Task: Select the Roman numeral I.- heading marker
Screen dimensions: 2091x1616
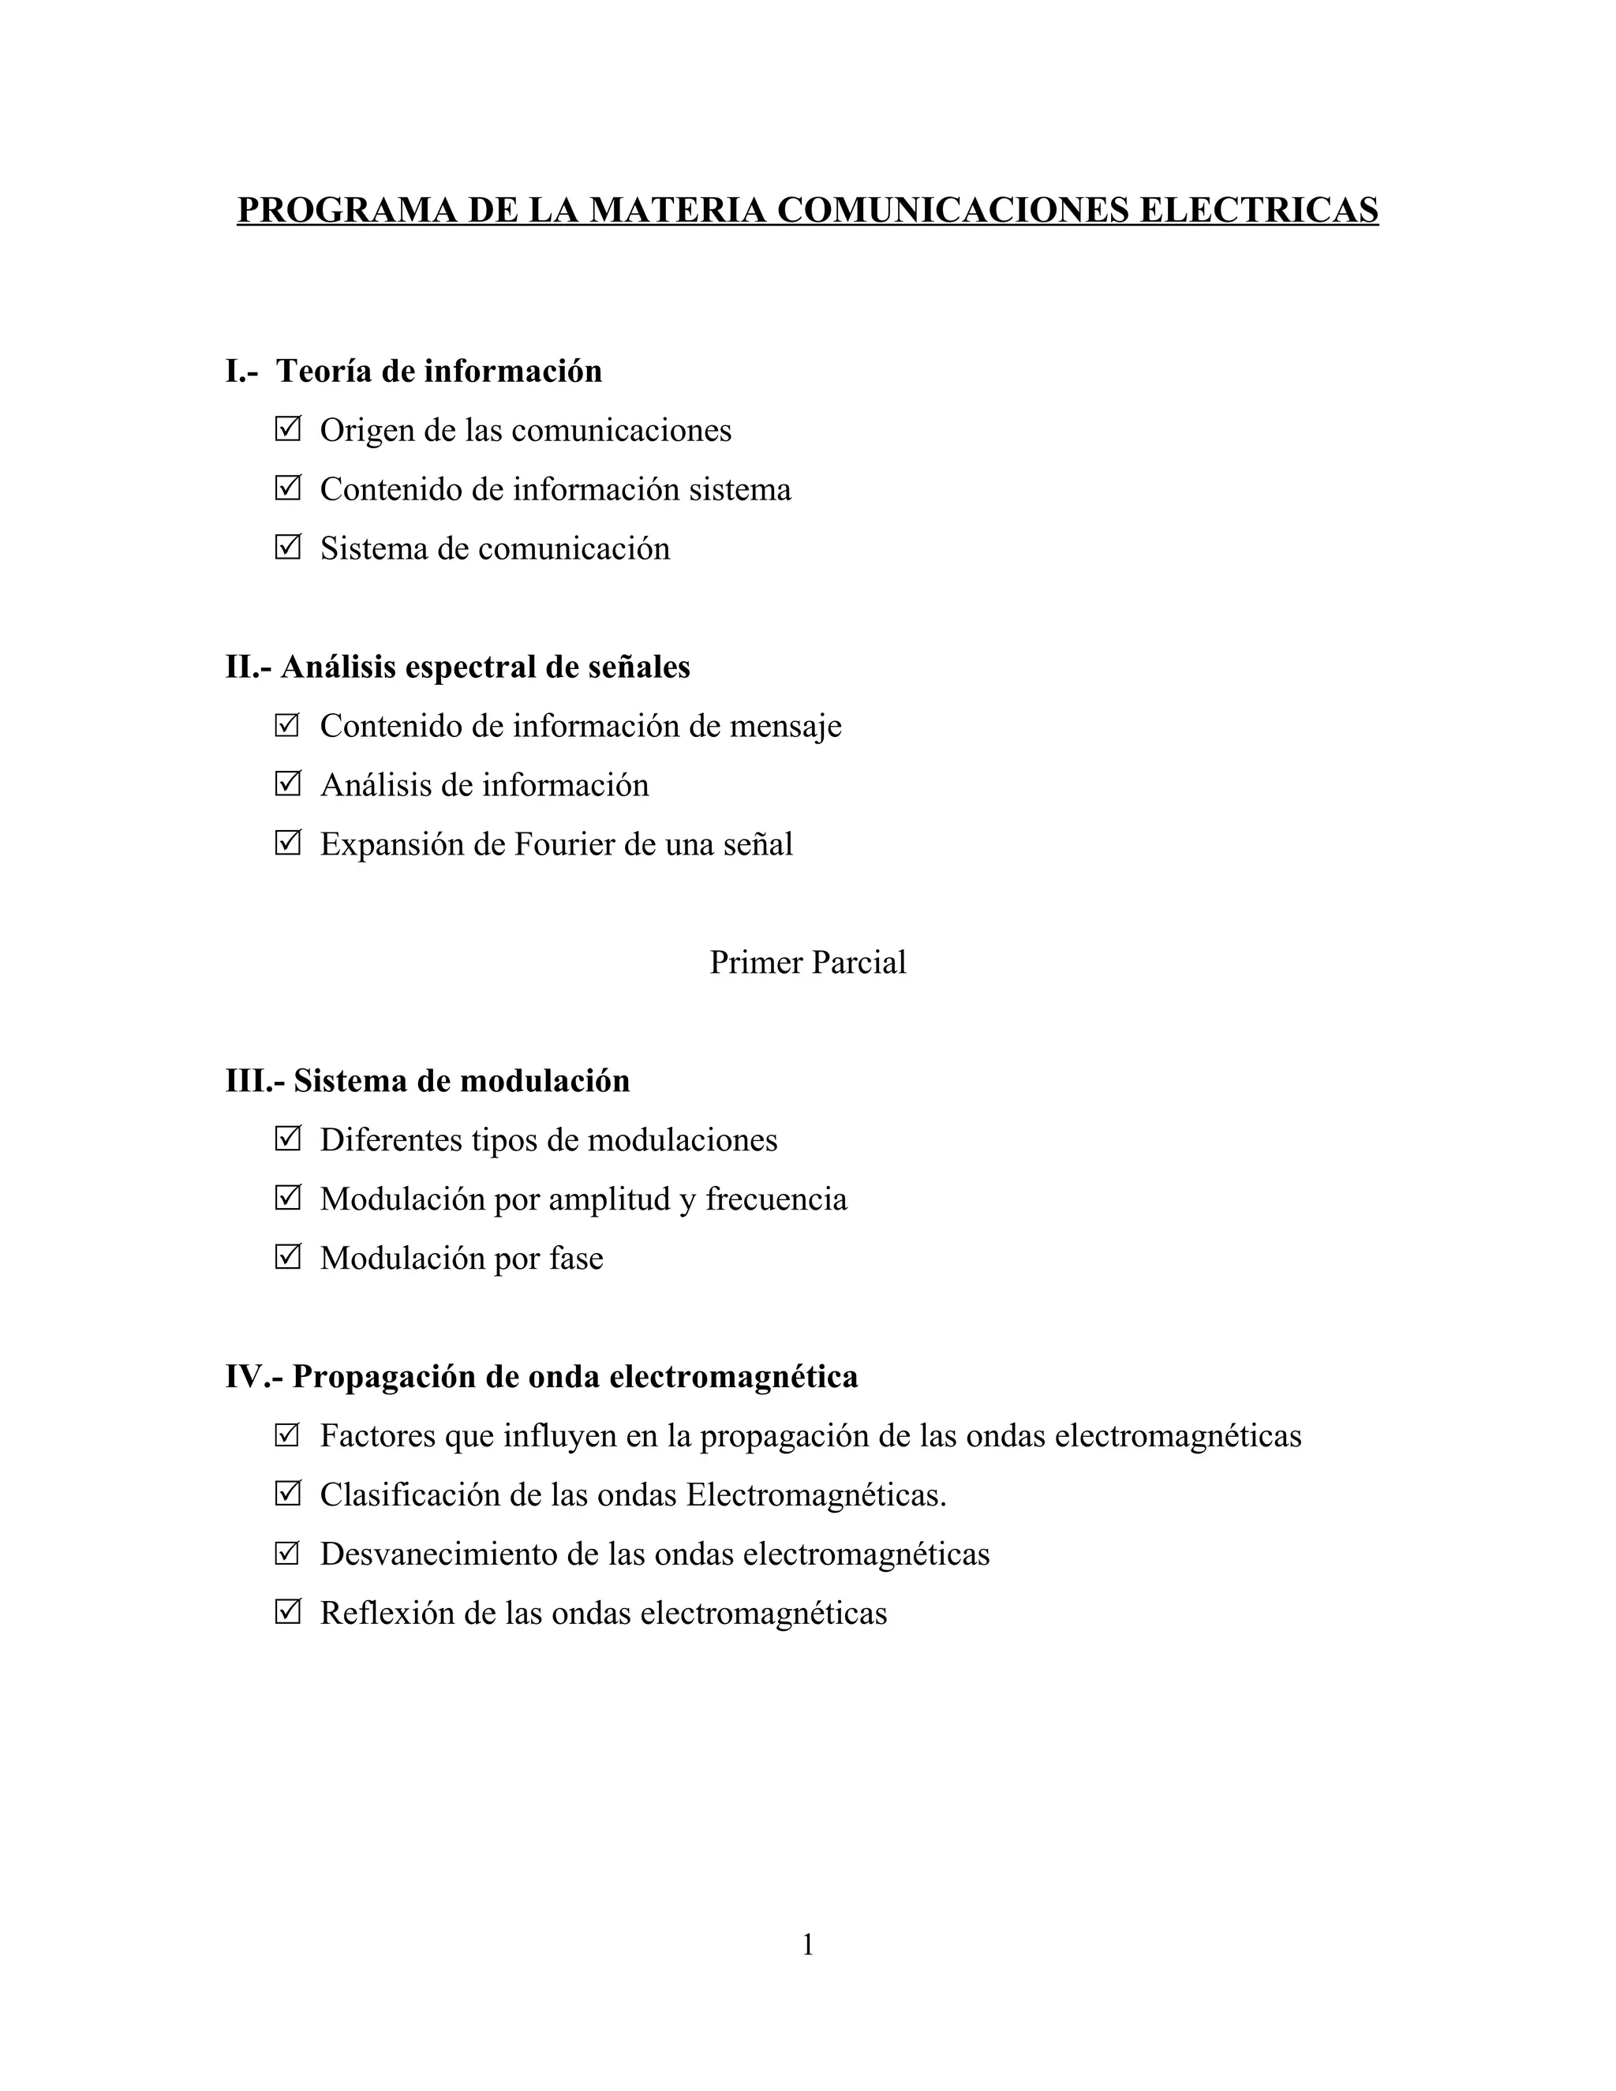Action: [x=241, y=372]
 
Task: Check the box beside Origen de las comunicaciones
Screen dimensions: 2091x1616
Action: [x=287, y=429]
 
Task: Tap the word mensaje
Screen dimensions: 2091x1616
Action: [x=786, y=726]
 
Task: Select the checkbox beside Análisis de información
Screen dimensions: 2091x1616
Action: [x=287, y=784]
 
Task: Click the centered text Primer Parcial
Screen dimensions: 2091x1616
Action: [x=807, y=962]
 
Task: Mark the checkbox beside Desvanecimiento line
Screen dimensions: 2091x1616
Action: [x=287, y=1553]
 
